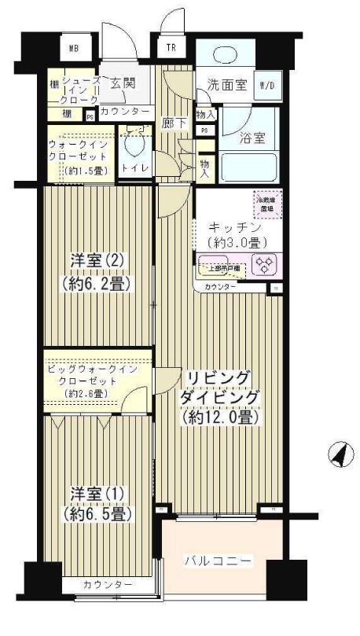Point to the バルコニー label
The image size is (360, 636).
pyautogui.click(x=218, y=561)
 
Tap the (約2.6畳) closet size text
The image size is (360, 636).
pyautogui.click(x=87, y=393)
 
